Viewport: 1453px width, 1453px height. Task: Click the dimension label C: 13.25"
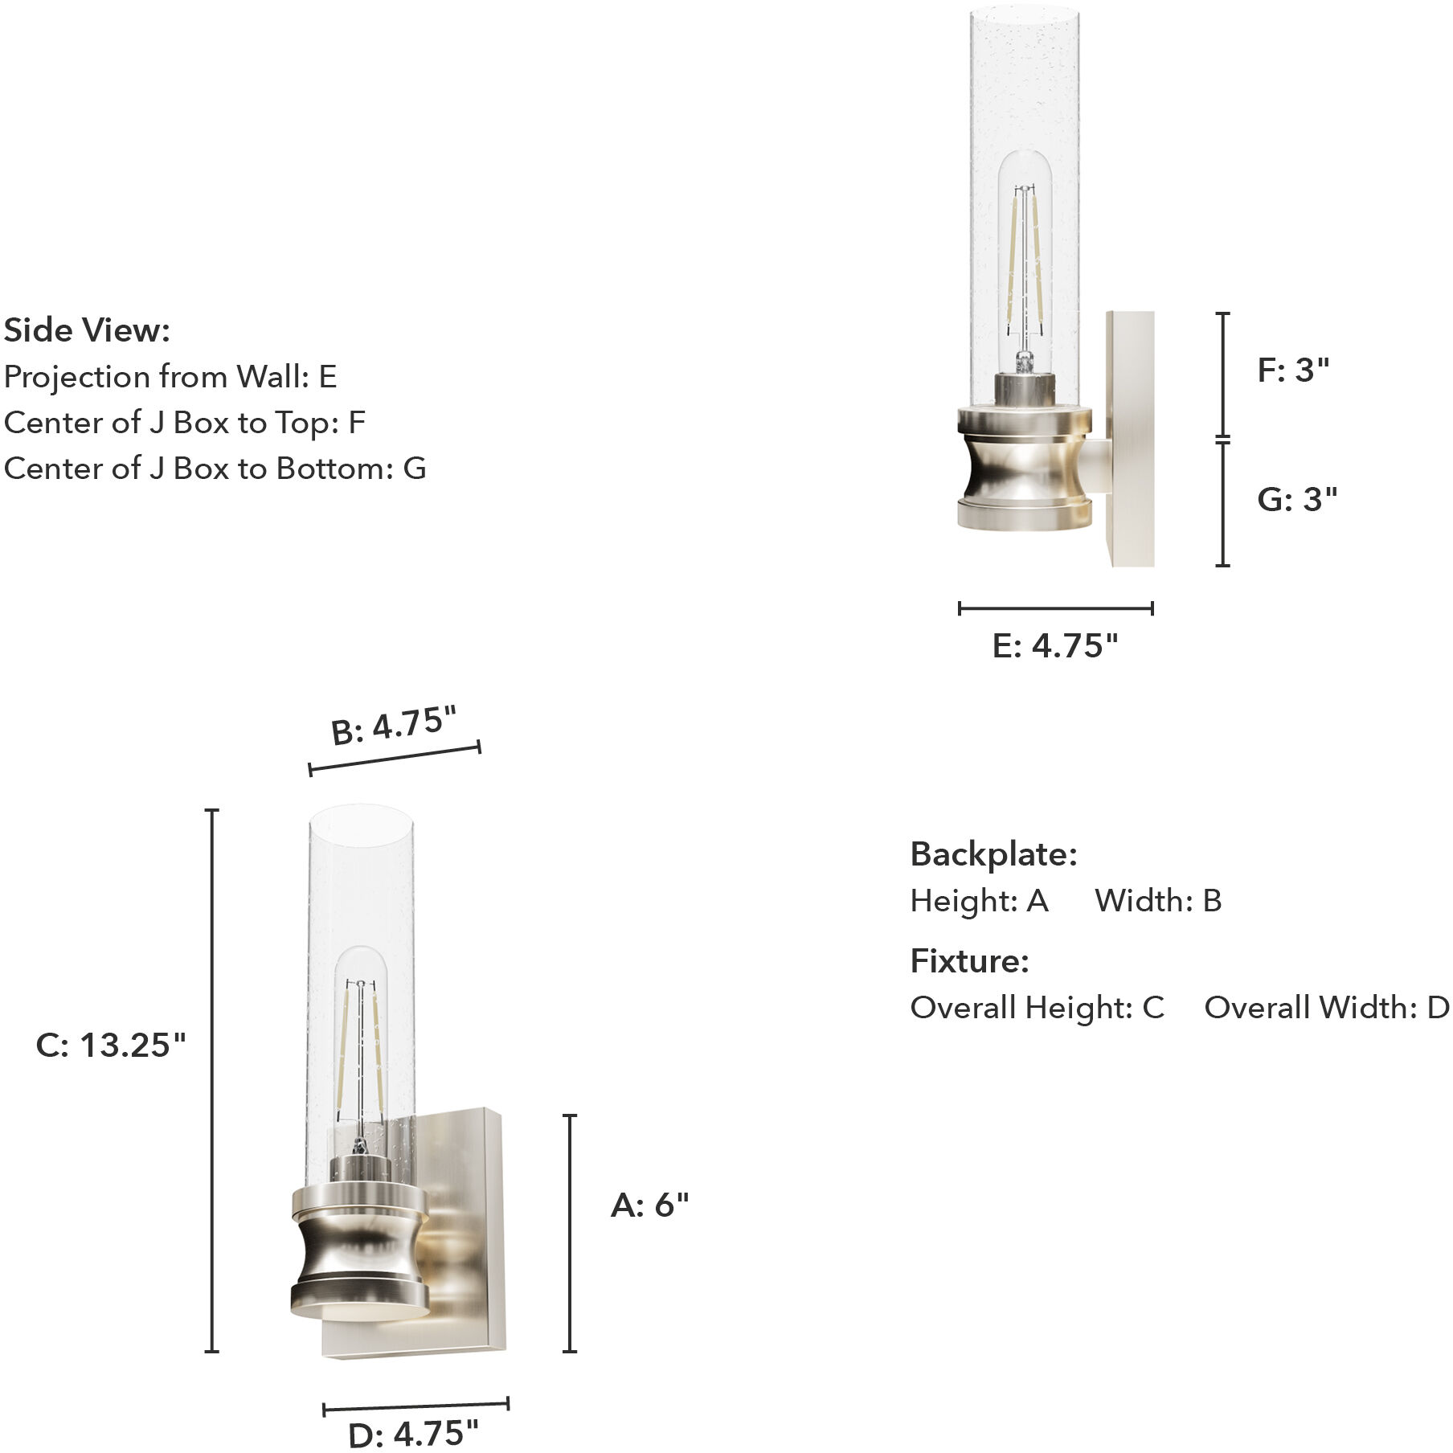pyautogui.click(x=111, y=1045)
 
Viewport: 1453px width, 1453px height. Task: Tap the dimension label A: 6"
pyautogui.click(x=649, y=1205)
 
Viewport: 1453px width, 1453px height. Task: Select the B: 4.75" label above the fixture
pyautogui.click(x=394, y=726)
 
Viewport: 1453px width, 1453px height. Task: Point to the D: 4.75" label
pyautogui.click(x=413, y=1434)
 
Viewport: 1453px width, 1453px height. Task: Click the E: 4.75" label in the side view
pyautogui.click(x=1054, y=645)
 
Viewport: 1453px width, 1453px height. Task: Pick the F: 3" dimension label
pyautogui.click(x=1293, y=370)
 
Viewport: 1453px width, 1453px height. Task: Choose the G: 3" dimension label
pyautogui.click(x=1296, y=499)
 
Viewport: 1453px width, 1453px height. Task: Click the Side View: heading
pyautogui.click(x=87, y=330)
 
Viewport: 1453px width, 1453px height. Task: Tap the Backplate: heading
pyautogui.click(x=993, y=854)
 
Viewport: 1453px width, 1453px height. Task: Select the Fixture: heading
pyautogui.click(x=969, y=961)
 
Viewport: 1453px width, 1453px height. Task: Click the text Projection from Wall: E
pyautogui.click(x=170, y=377)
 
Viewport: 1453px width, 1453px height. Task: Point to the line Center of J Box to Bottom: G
pyautogui.click(x=215, y=469)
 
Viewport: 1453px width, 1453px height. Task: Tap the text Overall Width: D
pyautogui.click(x=1326, y=1008)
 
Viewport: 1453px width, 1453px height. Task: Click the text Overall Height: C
pyautogui.click(x=1037, y=1008)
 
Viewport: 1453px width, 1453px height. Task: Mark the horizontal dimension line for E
pyautogui.click(x=1055, y=608)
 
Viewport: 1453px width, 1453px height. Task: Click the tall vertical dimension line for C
pyautogui.click(x=212, y=1081)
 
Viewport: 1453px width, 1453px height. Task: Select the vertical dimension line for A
pyautogui.click(x=570, y=1234)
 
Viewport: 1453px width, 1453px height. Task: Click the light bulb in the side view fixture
pyautogui.click(x=1024, y=257)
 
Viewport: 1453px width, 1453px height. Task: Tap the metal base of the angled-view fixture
pyautogui.click(x=359, y=1250)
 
